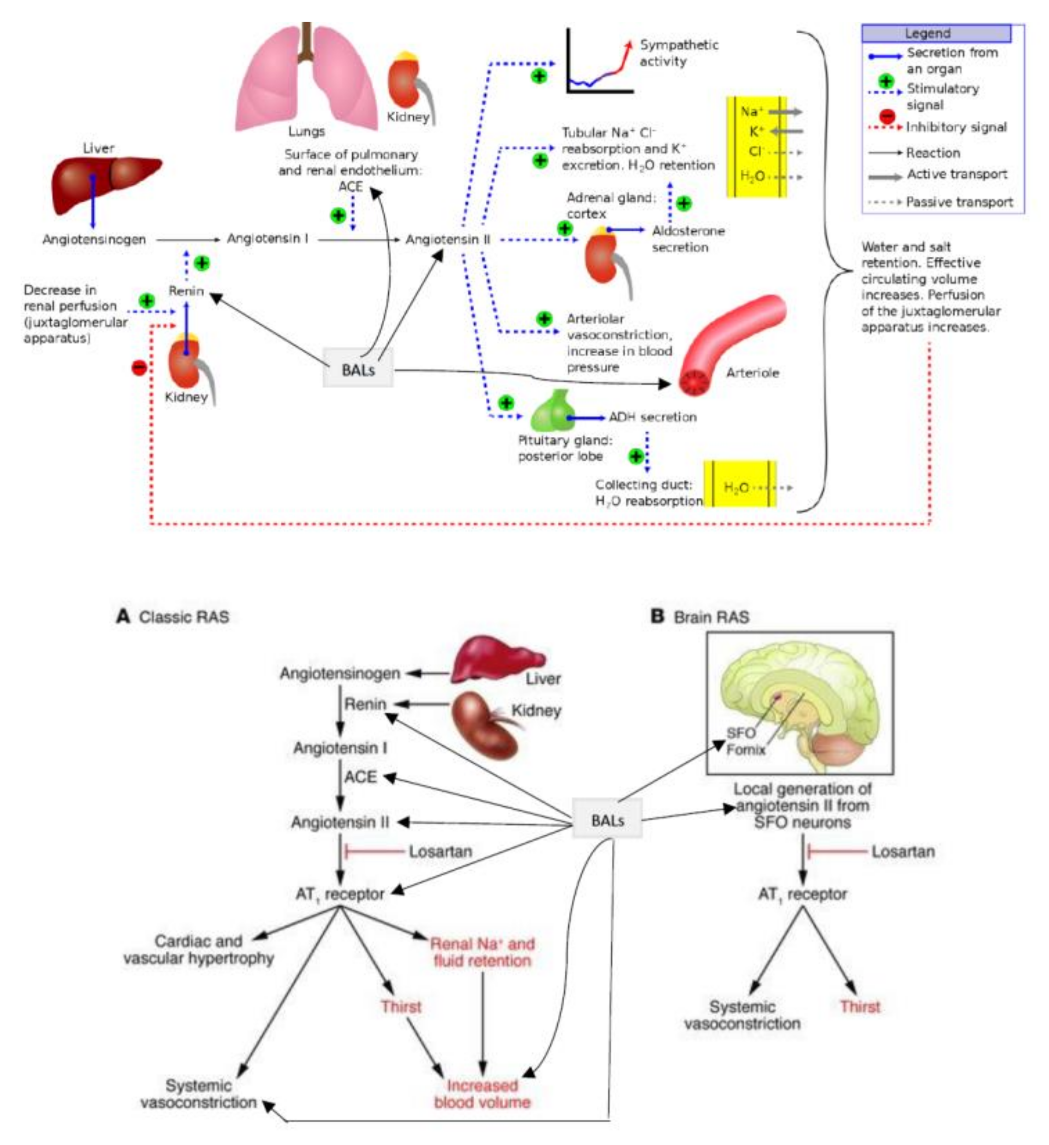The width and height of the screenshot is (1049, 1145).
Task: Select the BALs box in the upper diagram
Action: click(x=358, y=370)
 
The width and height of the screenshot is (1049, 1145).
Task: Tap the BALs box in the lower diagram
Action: click(x=607, y=820)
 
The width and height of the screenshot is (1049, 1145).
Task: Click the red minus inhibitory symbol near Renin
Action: click(x=139, y=368)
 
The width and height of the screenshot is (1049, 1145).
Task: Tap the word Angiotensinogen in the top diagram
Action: click(x=94, y=239)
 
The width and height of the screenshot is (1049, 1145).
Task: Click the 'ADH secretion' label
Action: click(x=652, y=417)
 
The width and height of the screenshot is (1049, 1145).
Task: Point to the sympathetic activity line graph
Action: click(x=599, y=62)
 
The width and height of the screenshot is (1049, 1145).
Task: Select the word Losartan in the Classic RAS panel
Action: click(x=440, y=851)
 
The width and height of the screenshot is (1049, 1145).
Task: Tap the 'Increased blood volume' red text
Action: click(x=482, y=1093)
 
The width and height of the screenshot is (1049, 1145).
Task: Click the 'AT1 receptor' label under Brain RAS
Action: click(x=802, y=894)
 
